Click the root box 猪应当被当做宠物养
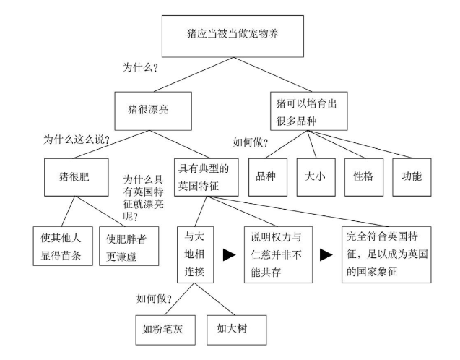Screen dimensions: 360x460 (x=230, y=34)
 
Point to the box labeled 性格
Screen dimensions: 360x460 (x=364, y=176)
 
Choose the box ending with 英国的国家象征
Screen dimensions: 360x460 (x=386, y=254)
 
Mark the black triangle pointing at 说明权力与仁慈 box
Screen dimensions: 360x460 (x=230, y=254)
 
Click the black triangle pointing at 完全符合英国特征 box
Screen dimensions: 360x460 (x=326, y=254)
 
